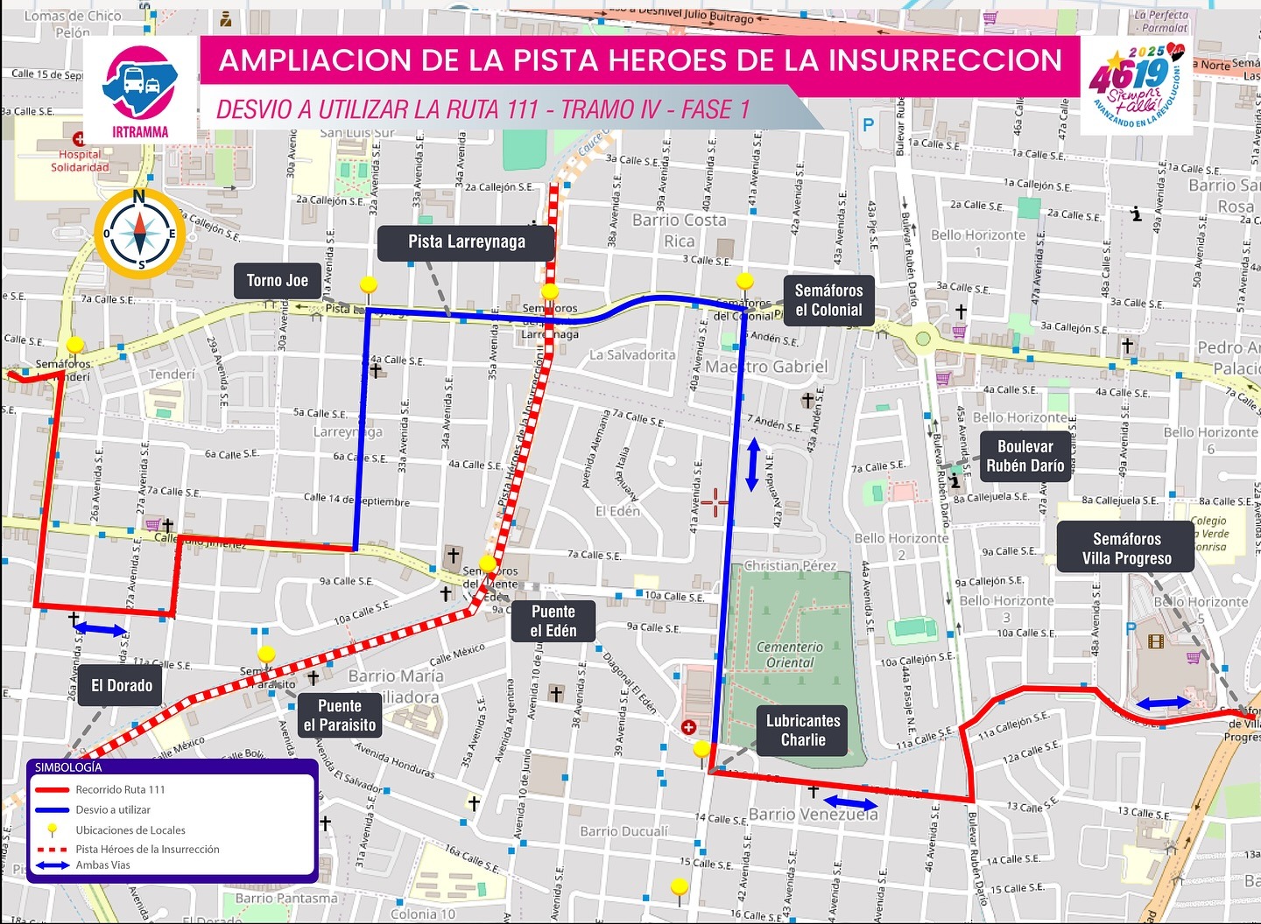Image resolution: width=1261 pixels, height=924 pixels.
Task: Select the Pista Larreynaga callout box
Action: point(466,242)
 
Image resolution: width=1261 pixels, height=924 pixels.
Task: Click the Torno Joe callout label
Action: point(277,281)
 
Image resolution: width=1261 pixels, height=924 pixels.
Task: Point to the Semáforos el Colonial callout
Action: point(828,300)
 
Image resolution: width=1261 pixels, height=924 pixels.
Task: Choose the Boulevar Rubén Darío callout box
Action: point(1025,456)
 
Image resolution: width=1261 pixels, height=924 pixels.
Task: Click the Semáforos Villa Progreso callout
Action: point(1126,549)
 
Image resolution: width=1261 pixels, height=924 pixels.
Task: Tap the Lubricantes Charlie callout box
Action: point(802,731)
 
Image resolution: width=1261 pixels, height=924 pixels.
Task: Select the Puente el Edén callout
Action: point(553,621)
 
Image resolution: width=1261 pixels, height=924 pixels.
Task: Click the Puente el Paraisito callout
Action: point(340,716)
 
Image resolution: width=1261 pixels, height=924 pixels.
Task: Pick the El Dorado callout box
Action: point(122,685)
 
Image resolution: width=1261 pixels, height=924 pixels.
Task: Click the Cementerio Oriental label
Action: point(789,654)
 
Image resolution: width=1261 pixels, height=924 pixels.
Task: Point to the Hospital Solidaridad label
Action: point(80,160)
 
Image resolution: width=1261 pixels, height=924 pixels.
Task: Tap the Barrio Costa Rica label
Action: point(680,230)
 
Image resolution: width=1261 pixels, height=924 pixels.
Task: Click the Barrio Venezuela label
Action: point(813,815)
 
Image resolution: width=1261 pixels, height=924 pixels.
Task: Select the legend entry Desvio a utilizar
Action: point(113,810)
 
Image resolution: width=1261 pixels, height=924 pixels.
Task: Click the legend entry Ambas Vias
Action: point(102,865)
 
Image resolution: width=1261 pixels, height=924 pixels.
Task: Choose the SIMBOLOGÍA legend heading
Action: point(68,767)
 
